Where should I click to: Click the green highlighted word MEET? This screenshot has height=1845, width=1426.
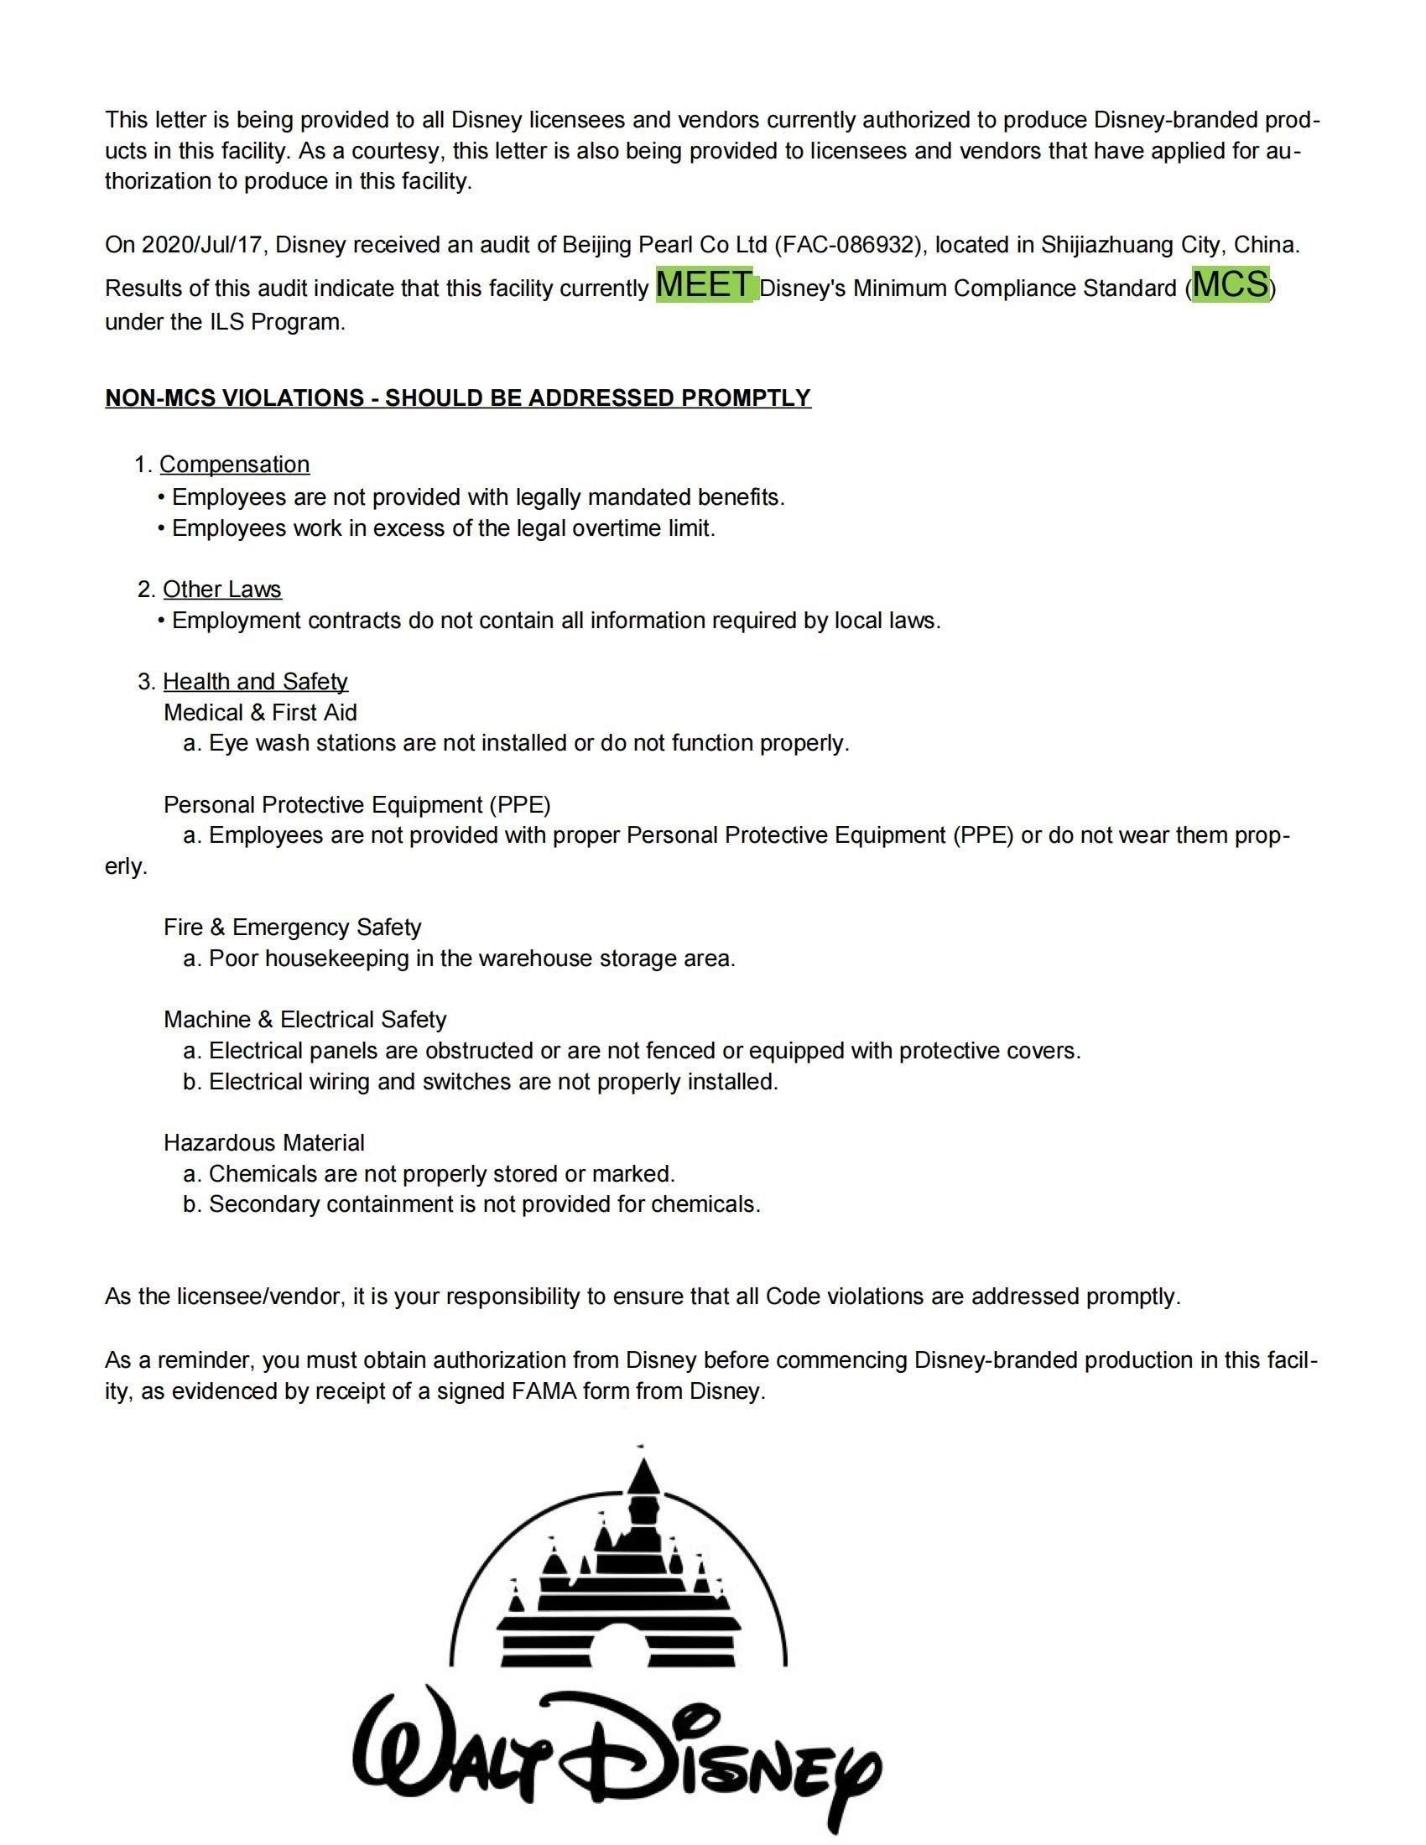pyautogui.click(x=704, y=284)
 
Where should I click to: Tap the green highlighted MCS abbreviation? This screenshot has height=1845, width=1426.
pyautogui.click(x=1230, y=284)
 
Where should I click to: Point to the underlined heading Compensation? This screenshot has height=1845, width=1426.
pyautogui.click(x=234, y=465)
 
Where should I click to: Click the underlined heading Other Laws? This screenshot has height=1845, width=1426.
pyautogui.click(x=221, y=589)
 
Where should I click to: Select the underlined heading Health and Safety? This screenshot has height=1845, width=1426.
pyautogui.click(x=255, y=681)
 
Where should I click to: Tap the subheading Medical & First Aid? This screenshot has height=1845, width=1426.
pyautogui.click(x=260, y=712)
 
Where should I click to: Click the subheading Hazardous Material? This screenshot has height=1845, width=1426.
pyautogui.click(x=263, y=1142)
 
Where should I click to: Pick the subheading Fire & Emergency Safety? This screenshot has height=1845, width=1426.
pyautogui.click(x=292, y=927)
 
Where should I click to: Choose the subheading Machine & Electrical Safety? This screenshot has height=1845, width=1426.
pyautogui.click(x=304, y=1019)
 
